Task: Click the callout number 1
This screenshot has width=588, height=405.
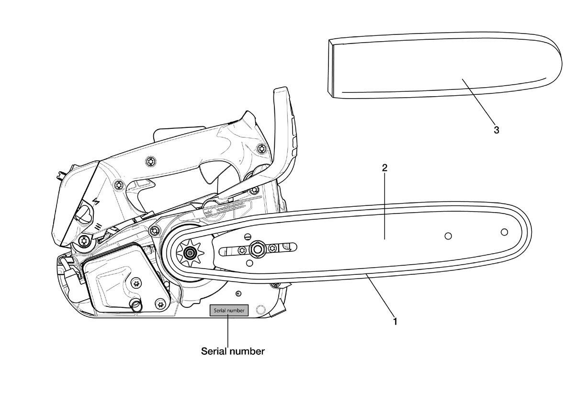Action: (395, 322)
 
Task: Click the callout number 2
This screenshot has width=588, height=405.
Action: (384, 168)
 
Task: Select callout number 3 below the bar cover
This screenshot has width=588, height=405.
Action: (496, 130)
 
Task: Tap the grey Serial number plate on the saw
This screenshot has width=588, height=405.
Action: (228, 311)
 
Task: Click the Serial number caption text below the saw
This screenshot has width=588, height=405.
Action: (233, 351)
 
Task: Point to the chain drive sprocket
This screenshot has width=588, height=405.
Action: (189, 253)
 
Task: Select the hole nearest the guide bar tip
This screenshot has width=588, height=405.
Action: (504, 232)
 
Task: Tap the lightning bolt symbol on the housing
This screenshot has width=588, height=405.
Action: (96, 202)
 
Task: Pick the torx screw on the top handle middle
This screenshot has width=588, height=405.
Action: (151, 161)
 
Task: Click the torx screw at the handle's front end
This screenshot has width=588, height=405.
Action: (262, 148)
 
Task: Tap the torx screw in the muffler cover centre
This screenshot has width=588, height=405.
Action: (136, 283)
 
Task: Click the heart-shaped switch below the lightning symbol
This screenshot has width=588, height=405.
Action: (84, 214)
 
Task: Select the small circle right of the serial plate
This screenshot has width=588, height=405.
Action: (260, 309)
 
